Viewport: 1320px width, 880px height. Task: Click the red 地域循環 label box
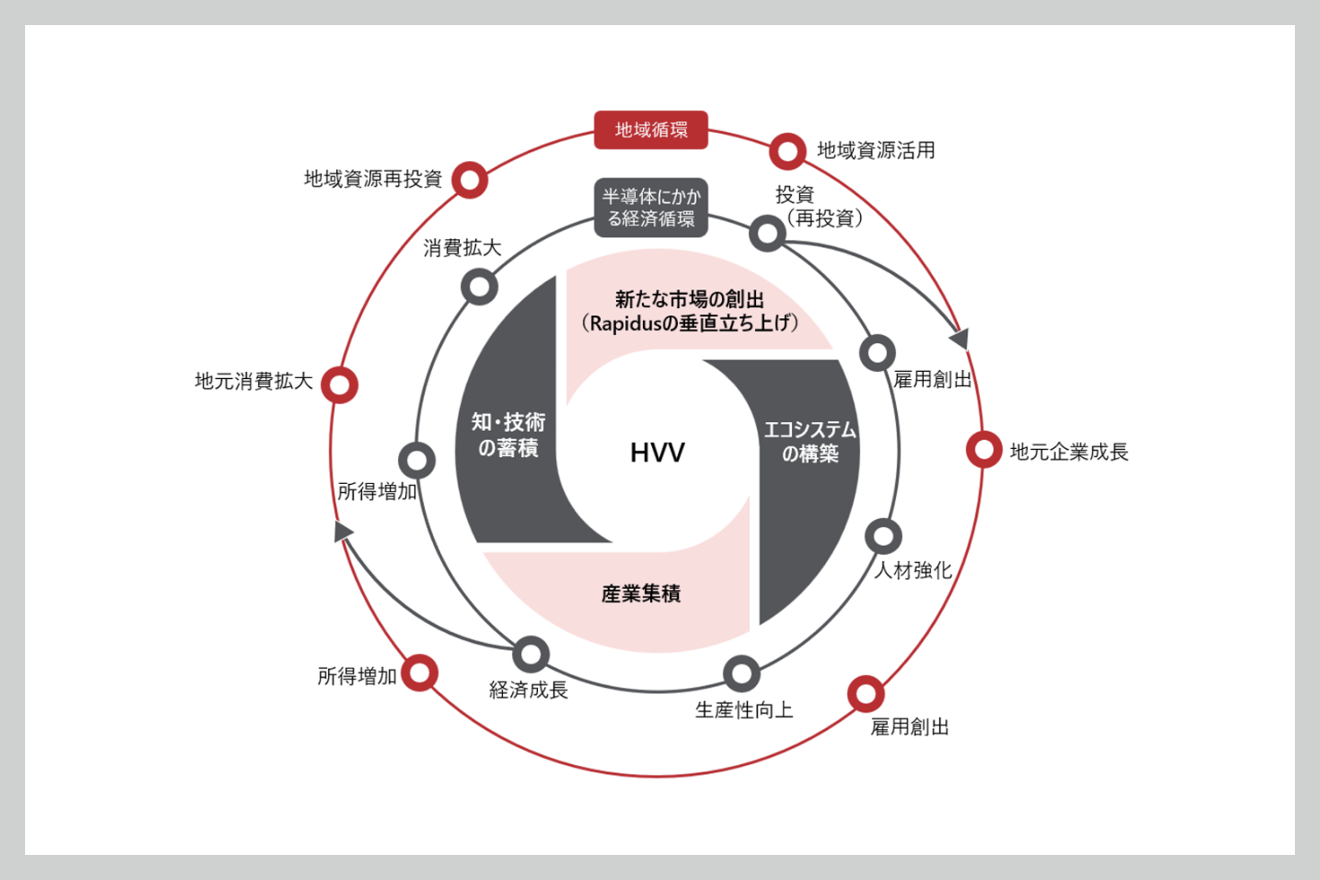[x=651, y=130]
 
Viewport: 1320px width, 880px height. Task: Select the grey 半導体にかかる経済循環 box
[x=651, y=208]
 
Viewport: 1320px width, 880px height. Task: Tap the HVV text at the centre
[x=657, y=453]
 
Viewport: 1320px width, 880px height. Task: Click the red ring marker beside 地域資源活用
[x=787, y=151]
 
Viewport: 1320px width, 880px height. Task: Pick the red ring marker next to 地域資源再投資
[x=470, y=180]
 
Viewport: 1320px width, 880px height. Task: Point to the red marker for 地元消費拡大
[x=340, y=385]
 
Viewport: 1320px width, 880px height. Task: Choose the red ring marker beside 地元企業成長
[x=984, y=450]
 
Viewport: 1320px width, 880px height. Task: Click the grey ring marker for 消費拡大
[x=480, y=287]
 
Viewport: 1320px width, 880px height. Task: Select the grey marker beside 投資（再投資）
[x=768, y=233]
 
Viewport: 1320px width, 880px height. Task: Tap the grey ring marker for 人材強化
[x=883, y=536]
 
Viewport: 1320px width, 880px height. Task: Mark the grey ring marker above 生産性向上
[x=742, y=674]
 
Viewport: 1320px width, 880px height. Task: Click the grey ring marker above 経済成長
[x=531, y=654]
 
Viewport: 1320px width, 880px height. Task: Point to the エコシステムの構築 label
[x=810, y=442]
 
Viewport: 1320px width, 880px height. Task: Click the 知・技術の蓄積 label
[x=508, y=435]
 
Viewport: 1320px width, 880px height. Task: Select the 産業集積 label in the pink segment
[x=641, y=593]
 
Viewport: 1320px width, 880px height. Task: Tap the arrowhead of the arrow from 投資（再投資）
[x=960, y=338]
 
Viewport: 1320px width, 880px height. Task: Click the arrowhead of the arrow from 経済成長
[x=343, y=532]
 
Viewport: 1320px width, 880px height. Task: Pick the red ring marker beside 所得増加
[x=420, y=673]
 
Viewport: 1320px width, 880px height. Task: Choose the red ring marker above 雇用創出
[x=865, y=693]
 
